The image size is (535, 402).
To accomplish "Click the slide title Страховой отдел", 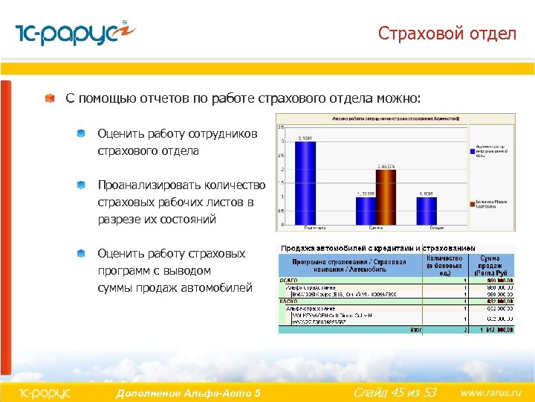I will (447, 33).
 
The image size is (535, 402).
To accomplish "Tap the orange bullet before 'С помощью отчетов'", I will (49, 98).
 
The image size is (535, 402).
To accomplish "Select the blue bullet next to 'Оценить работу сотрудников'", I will (80, 134).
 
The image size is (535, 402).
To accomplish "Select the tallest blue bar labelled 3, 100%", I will (305, 182).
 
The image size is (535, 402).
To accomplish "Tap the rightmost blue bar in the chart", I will (427, 209).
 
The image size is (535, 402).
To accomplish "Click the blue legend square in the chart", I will (472, 150).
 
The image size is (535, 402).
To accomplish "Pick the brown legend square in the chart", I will (472, 201).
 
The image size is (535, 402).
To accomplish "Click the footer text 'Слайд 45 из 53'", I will (395, 392).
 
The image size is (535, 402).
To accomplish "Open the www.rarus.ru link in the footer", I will (490, 392).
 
